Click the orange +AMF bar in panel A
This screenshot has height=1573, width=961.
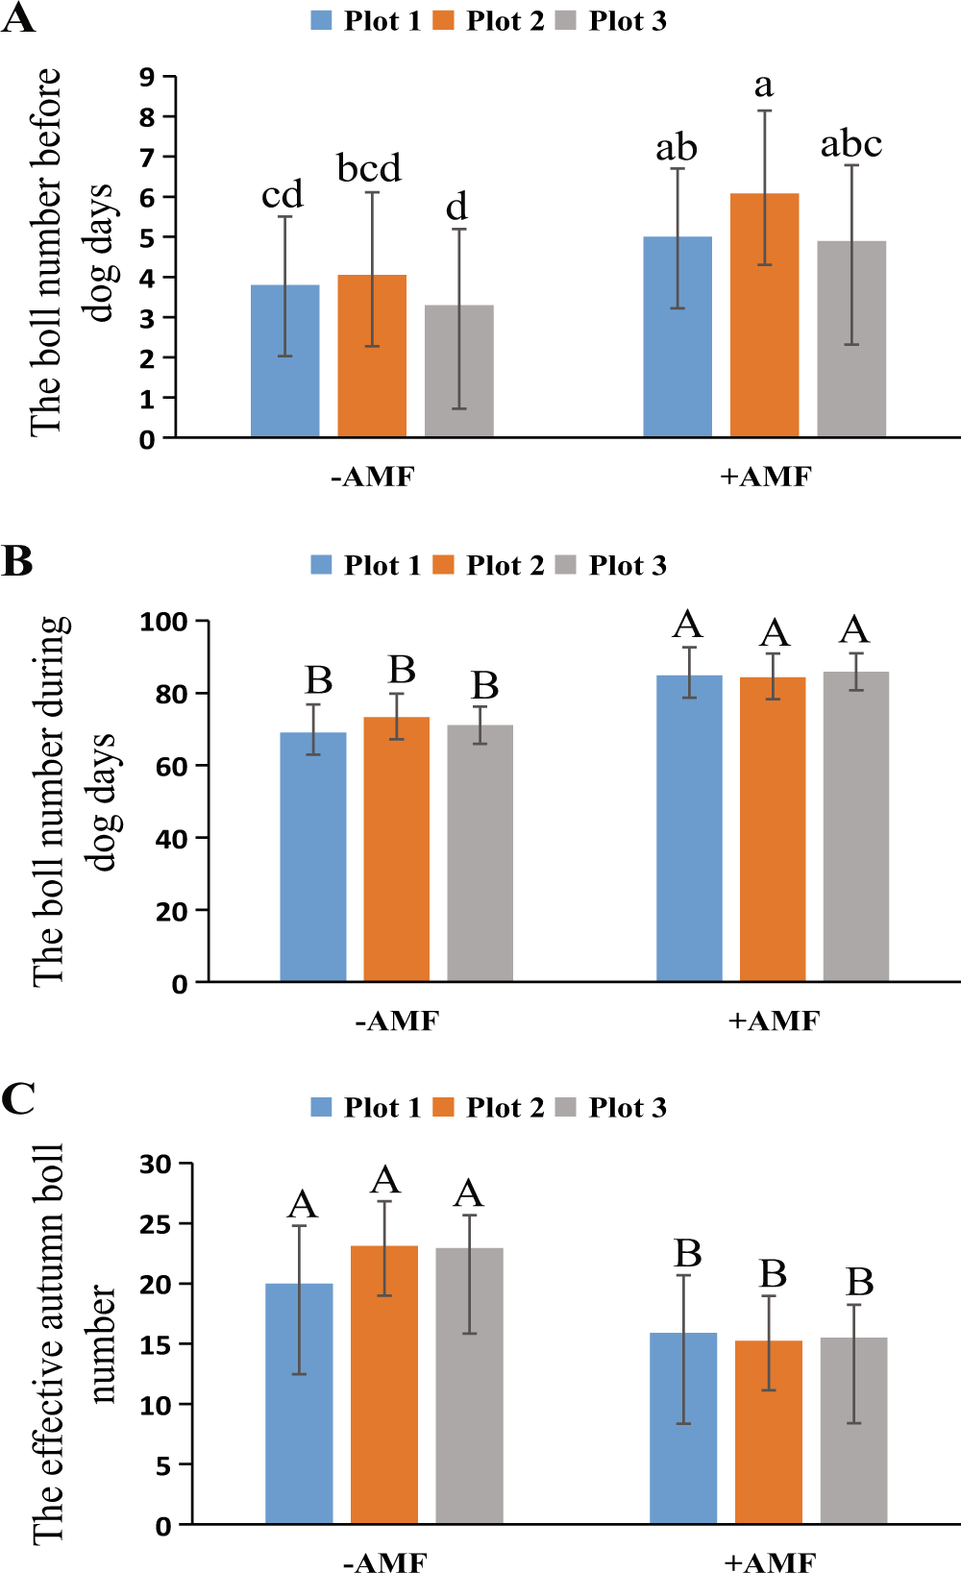pyautogui.click(x=764, y=317)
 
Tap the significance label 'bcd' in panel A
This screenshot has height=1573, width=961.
pyautogui.click(x=369, y=169)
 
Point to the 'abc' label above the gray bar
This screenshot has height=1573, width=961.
pyautogui.click(x=850, y=145)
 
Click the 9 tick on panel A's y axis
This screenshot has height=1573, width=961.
pyautogui.click(x=147, y=77)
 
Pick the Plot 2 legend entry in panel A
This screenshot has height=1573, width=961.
pyautogui.click(x=489, y=21)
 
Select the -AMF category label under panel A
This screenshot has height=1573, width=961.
pyautogui.click(x=372, y=477)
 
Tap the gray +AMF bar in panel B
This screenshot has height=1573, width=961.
pyautogui.click(x=855, y=826)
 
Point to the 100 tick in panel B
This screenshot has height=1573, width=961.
pyautogui.click(x=163, y=622)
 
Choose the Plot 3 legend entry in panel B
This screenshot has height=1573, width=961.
pyautogui.click(x=612, y=565)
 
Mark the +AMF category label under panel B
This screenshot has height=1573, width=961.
pyautogui.click(x=774, y=1020)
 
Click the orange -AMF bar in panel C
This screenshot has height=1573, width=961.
pyautogui.click(x=383, y=1385)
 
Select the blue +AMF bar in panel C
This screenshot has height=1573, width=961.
pyautogui.click(x=682, y=1428)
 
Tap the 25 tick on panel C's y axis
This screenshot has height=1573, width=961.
pyautogui.click(x=155, y=1224)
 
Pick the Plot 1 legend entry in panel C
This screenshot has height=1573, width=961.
pyautogui.click(x=366, y=1108)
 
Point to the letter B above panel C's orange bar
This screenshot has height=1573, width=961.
pyautogui.click(x=773, y=1274)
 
